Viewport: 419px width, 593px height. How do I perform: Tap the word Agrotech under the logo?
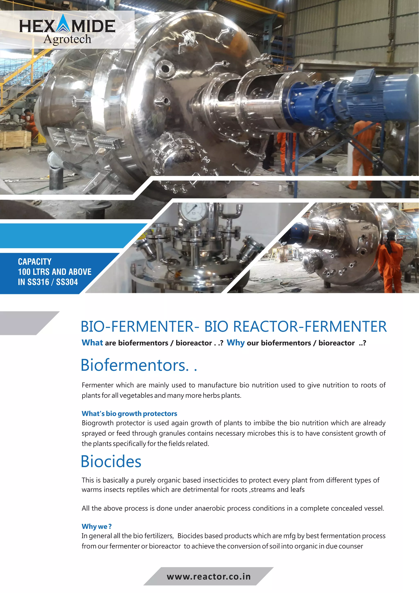(67, 39)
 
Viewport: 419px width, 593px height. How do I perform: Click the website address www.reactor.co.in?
(209, 576)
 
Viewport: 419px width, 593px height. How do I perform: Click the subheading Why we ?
(97, 526)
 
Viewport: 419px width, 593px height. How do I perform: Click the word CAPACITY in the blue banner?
(35, 262)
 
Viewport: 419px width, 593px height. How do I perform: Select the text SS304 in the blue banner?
(67, 282)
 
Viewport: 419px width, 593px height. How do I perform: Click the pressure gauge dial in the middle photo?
(193, 210)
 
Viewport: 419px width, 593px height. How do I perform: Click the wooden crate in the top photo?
(16, 139)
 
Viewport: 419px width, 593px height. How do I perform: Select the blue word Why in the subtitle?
(235, 343)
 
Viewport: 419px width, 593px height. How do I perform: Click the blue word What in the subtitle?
(92, 343)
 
